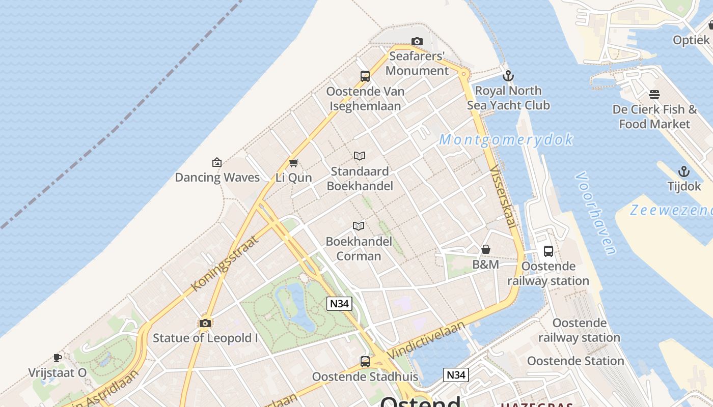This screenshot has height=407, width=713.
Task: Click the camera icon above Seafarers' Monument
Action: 417,41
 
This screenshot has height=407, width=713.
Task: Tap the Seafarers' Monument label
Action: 417,63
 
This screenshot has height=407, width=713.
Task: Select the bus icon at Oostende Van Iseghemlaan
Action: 365,76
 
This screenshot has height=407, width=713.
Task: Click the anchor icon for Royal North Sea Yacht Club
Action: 508,76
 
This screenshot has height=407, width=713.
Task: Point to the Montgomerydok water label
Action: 506,139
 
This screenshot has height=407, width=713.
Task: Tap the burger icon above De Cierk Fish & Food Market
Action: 654,95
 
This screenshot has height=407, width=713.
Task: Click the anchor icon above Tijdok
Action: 684,171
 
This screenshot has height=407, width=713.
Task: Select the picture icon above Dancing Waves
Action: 217,162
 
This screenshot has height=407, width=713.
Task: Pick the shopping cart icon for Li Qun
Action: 293,163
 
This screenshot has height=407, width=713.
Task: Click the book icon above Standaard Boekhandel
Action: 360,156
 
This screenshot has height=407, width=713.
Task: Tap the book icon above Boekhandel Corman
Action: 359,226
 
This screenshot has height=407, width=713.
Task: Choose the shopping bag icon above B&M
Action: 486,249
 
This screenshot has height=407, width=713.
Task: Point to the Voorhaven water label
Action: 595,213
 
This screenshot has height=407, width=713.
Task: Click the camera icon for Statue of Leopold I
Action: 205,323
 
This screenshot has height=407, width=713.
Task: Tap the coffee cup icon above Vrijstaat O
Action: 58,358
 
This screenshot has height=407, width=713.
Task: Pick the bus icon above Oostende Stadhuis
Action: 365,362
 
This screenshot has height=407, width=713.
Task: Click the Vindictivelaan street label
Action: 426,339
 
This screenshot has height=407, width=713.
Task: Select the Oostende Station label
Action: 575,361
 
